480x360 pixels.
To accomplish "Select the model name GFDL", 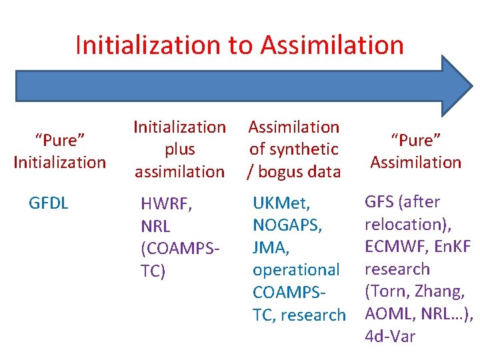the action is click(49, 203).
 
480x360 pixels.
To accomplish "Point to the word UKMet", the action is click(283, 202).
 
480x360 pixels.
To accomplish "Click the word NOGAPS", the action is click(287, 225).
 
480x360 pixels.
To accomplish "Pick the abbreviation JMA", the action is click(270, 247).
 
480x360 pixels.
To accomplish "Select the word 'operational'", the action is click(296, 270).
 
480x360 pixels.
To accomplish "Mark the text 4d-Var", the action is click(390, 337).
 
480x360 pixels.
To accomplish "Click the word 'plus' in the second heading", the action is click(180, 149).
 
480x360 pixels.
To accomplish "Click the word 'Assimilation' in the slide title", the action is click(332, 45).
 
